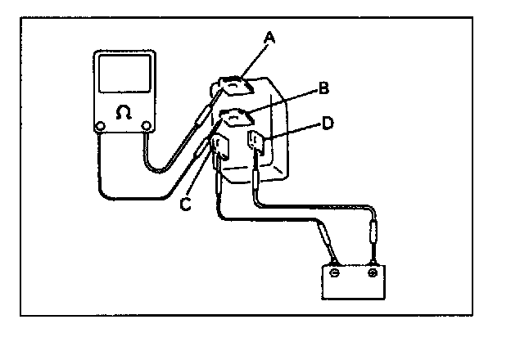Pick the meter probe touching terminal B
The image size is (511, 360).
202,152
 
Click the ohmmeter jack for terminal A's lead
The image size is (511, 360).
148,126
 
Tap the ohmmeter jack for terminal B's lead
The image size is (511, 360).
100,127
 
